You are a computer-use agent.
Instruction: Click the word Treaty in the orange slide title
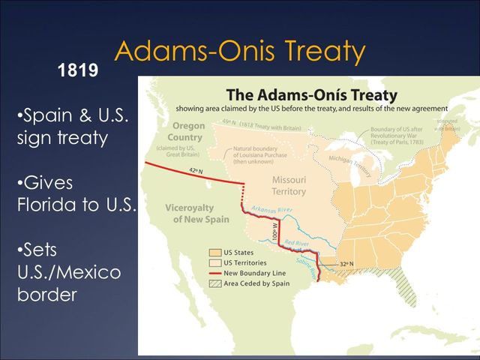(314, 51)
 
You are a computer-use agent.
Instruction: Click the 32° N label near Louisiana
(346, 264)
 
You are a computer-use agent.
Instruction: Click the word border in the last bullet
(46, 295)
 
